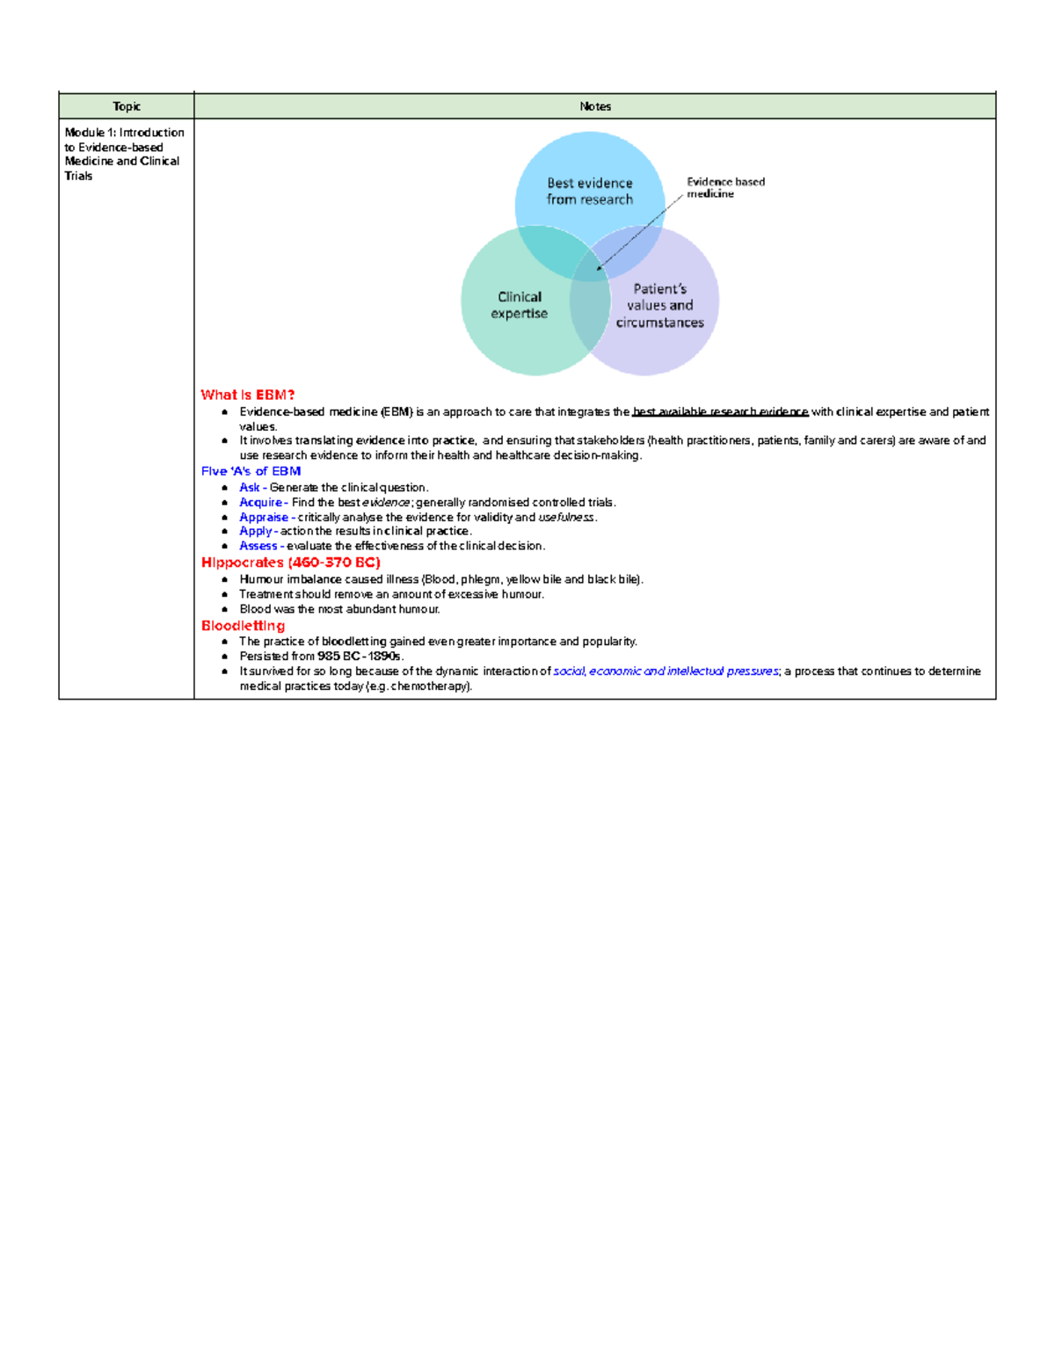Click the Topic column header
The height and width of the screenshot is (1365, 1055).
pyautogui.click(x=127, y=106)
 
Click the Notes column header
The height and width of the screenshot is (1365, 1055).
pyautogui.click(x=595, y=106)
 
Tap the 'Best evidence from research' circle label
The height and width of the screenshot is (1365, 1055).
pyautogui.click(x=589, y=191)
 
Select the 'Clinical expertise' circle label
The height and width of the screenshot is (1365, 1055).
pyautogui.click(x=520, y=305)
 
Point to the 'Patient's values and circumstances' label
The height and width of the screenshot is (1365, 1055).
pyautogui.click(x=659, y=305)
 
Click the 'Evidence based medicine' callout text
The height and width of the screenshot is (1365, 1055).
pyautogui.click(x=725, y=187)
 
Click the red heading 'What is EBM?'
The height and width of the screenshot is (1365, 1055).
pyautogui.click(x=248, y=395)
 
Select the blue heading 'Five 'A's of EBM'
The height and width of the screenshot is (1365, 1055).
pyautogui.click(x=251, y=471)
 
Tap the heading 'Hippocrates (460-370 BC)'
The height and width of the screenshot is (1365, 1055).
pyautogui.click(x=290, y=563)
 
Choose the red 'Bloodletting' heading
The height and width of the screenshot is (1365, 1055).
pyautogui.click(x=243, y=626)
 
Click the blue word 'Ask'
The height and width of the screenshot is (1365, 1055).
pyautogui.click(x=250, y=488)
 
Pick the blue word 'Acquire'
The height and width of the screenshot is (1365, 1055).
pyautogui.click(x=260, y=503)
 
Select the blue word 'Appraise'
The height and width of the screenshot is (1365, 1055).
pyautogui.click(x=264, y=518)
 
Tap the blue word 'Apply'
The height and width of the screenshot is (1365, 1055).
pyautogui.click(x=256, y=531)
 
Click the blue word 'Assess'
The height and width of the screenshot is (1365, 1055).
pyautogui.click(x=258, y=546)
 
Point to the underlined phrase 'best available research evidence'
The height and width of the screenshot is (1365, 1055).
pyautogui.click(x=720, y=411)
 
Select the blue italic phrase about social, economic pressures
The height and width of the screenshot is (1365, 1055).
pyautogui.click(x=666, y=672)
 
